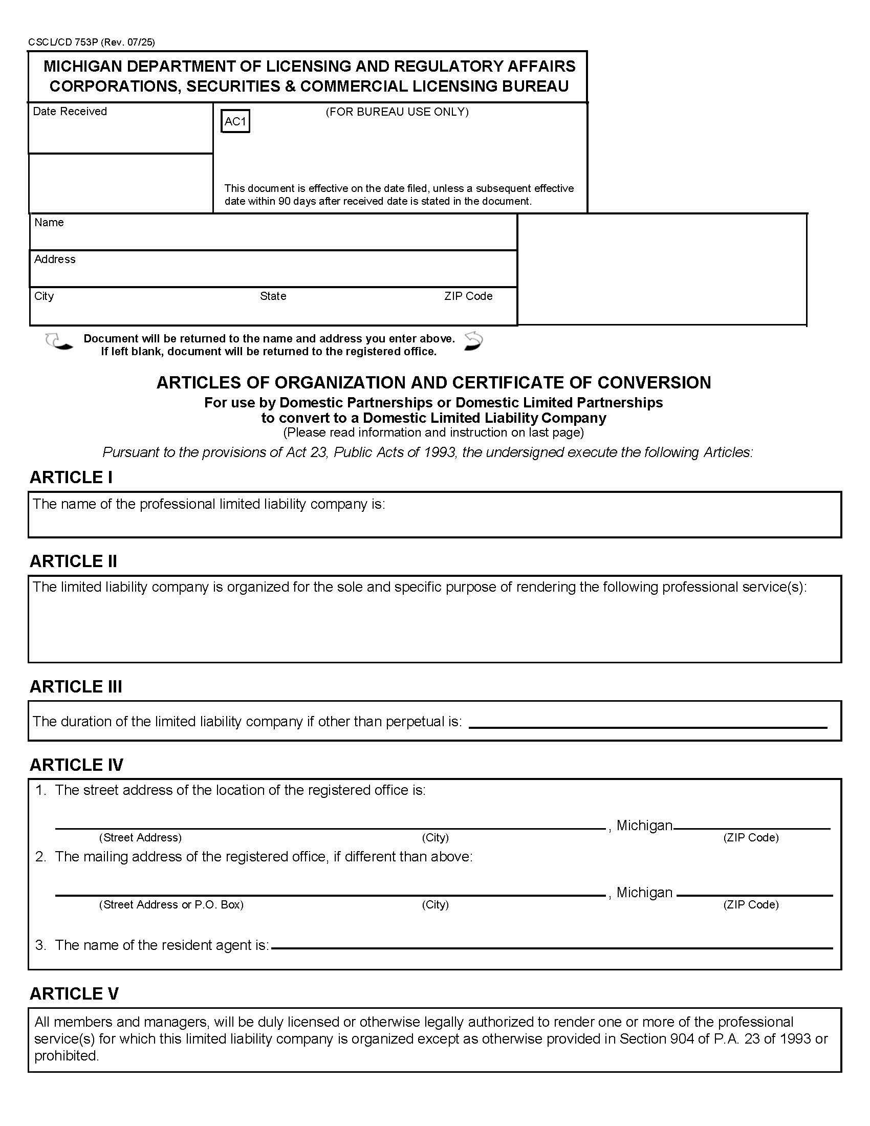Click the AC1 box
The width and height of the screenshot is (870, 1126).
[x=235, y=122]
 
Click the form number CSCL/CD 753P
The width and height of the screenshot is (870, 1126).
[x=63, y=42]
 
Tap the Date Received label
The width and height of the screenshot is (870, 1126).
[x=70, y=112]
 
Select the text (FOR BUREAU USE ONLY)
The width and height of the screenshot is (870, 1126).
[x=397, y=112]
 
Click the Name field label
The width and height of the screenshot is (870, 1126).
[x=49, y=222]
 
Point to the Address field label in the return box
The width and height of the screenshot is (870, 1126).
[x=55, y=259]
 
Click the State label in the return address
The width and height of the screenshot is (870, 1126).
[x=273, y=296]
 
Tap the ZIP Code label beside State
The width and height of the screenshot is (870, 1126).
[x=468, y=296]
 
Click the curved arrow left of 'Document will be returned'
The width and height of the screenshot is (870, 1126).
[x=58, y=342]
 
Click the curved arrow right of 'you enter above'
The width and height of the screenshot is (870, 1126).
[x=473, y=341]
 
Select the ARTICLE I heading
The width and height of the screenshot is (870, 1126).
[x=71, y=478]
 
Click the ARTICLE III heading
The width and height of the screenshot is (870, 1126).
[x=76, y=687]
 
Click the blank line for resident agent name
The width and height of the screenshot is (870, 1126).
[x=552, y=947]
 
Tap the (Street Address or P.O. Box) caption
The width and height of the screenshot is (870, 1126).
[x=171, y=904]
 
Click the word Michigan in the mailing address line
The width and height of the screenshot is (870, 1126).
[x=644, y=893]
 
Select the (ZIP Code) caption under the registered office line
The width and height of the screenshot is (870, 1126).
[x=750, y=837]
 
